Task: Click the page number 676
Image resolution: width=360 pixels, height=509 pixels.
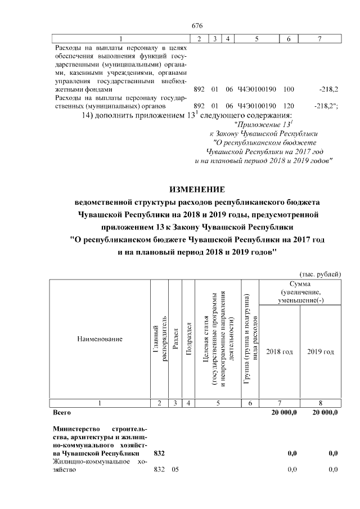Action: coord(197,26)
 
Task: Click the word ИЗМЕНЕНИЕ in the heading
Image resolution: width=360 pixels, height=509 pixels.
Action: coord(197,189)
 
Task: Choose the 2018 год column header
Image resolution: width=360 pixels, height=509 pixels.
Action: coord(279,352)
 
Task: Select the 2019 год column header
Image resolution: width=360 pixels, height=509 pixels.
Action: coord(321,352)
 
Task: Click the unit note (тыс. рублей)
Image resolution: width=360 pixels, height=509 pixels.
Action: coord(321,273)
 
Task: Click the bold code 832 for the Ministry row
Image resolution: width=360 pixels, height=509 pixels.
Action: coord(159,453)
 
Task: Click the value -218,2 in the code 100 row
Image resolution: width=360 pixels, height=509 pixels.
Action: coord(327,89)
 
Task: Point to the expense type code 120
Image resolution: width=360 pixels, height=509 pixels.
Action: coord(289,106)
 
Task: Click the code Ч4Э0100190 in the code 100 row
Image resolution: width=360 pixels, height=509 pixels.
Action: coord(256,89)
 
